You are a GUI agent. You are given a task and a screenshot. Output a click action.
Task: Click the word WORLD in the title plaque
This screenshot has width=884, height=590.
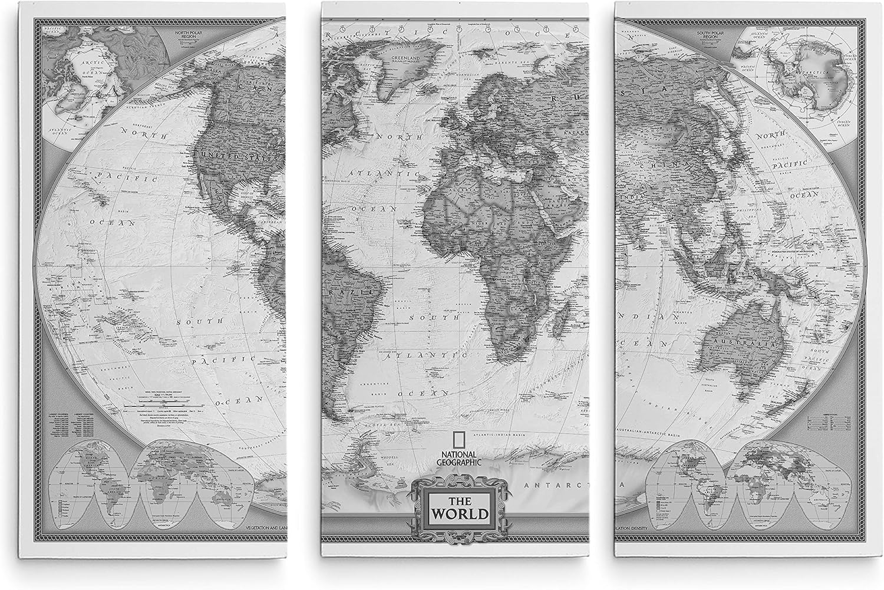point(460,513)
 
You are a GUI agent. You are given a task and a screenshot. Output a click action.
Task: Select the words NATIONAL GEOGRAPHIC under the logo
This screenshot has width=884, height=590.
point(459,458)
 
